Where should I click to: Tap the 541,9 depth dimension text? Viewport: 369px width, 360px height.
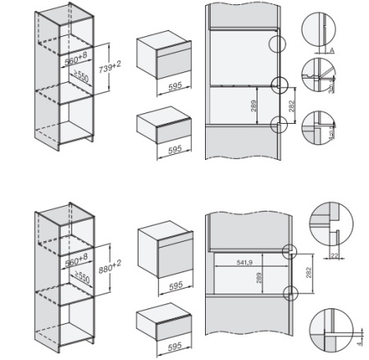coord(239,262)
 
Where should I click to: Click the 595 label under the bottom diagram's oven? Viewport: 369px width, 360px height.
coord(165,286)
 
